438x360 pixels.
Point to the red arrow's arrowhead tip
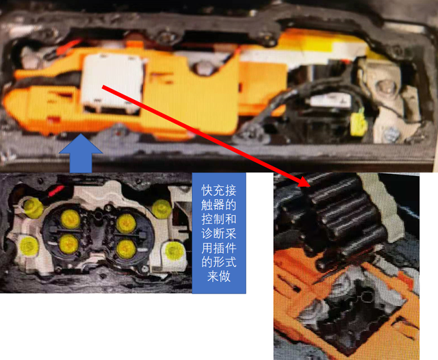tap(310, 187)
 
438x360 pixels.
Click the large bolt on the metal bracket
tap(385, 87)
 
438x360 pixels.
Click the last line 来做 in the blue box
tap(219, 277)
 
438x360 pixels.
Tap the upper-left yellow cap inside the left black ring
tap(70, 219)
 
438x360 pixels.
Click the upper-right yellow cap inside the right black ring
tap(126, 223)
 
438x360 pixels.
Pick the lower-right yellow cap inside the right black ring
tap(126, 248)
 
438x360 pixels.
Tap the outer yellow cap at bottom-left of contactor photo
tap(29, 246)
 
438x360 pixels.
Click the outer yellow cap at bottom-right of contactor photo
tap(175, 250)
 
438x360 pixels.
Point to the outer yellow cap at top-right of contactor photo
tap(162, 209)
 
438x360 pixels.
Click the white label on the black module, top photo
tap(330, 100)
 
